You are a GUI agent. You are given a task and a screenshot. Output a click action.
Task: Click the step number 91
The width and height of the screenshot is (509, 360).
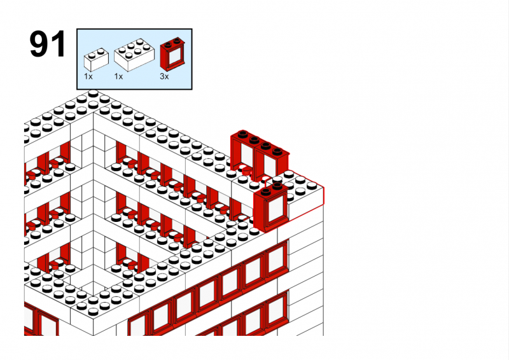tap(48, 44)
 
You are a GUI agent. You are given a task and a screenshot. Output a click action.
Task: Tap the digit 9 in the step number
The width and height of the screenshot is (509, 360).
tap(40, 44)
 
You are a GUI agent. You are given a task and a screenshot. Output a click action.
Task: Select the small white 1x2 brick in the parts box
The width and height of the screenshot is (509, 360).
tap(97, 60)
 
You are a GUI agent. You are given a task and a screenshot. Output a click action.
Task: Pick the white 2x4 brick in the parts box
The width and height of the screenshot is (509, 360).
tap(134, 55)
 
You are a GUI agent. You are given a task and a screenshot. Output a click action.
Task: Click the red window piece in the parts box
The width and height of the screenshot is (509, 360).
tap(173, 54)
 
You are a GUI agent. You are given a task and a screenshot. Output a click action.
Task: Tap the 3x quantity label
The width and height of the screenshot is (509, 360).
tap(164, 76)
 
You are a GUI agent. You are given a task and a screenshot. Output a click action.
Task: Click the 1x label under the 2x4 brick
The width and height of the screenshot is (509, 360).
tap(118, 76)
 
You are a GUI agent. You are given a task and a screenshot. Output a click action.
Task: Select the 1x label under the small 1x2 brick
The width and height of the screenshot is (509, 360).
tap(88, 76)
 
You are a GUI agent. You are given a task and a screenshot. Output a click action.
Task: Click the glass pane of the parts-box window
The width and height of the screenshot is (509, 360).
tap(175, 57)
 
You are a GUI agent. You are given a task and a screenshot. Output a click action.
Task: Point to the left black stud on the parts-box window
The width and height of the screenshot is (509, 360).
tap(169, 45)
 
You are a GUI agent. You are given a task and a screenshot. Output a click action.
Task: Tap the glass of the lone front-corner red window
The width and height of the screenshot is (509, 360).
tap(276, 209)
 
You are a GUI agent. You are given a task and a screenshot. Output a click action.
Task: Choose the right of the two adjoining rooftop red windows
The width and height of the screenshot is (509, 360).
tap(272, 162)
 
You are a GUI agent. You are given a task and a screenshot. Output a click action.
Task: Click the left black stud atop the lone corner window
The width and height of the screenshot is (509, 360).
tap(266, 191)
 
